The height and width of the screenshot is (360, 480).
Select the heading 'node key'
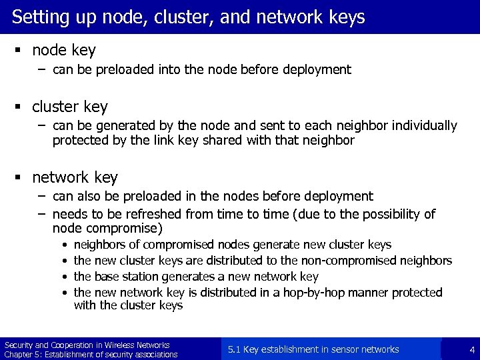pyautogui.click(x=64, y=50)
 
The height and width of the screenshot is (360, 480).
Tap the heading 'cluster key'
pyautogui.click(x=69, y=107)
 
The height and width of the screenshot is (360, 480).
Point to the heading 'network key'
pyautogui.click(x=75, y=177)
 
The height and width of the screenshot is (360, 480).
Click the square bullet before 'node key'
pyautogui.click(x=21, y=51)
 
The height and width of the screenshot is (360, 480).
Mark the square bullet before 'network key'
pyautogui.click(x=21, y=178)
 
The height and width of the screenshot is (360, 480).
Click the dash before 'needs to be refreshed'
pyautogui.click(x=41, y=213)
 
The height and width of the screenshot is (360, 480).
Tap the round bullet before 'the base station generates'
pyautogui.click(x=63, y=277)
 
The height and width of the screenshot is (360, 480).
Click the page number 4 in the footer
pyautogui.click(x=471, y=349)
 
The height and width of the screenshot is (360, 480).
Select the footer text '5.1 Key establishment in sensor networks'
pyautogui.click(x=313, y=349)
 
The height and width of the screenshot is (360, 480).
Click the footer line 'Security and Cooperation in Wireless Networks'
pyautogui.click(x=87, y=345)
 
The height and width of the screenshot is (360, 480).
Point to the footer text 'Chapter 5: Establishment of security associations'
pyautogui.click(x=91, y=354)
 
